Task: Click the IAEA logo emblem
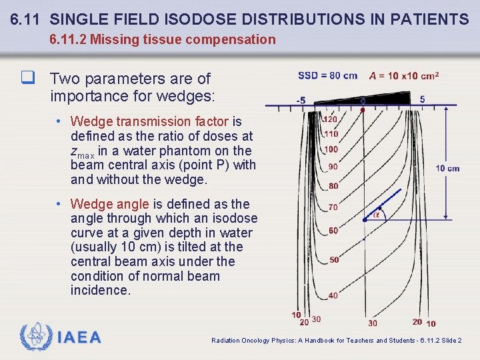[x=35, y=337]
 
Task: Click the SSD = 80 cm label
[x=327, y=75]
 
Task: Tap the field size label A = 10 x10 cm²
[x=403, y=75]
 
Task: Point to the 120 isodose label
[x=330, y=119]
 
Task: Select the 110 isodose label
[x=331, y=134]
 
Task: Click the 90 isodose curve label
[x=333, y=166]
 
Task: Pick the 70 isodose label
[x=333, y=207]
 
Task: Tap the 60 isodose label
[x=333, y=231]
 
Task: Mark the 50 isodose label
[x=334, y=259]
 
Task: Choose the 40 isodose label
[x=333, y=295]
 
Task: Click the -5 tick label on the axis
[x=301, y=101]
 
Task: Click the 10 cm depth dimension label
[x=447, y=168]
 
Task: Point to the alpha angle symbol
[x=377, y=214]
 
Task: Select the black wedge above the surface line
[x=387, y=99]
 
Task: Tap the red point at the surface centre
[x=363, y=108]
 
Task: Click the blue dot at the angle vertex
[x=364, y=219]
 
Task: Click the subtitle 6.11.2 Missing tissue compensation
[x=163, y=39]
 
